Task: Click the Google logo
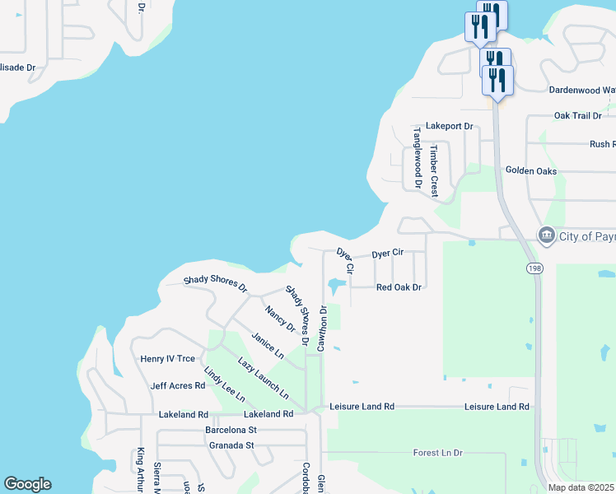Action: [27, 484]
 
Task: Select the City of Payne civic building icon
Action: [545, 236]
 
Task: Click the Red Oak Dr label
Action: [399, 287]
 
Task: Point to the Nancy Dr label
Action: [280, 318]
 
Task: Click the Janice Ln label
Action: [268, 346]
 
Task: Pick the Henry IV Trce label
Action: [168, 358]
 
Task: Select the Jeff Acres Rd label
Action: [177, 385]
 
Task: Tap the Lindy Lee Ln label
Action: [224, 384]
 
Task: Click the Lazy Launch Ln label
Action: [264, 378]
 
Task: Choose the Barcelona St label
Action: [231, 430]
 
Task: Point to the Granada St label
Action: [231, 445]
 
